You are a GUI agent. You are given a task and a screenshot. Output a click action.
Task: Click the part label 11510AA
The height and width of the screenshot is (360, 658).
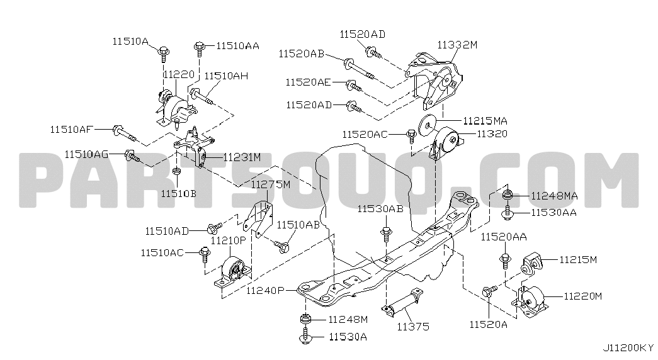click(238, 45)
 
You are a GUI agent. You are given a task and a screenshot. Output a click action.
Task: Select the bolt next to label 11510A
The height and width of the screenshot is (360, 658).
click(163, 53)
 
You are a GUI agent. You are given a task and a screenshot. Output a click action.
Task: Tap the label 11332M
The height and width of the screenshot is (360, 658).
click(457, 44)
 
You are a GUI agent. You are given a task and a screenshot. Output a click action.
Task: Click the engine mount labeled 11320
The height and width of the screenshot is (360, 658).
click(446, 145)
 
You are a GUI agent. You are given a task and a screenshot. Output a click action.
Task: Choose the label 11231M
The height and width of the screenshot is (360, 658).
click(242, 157)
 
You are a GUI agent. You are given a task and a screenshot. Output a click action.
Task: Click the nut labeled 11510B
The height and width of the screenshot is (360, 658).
click(177, 171)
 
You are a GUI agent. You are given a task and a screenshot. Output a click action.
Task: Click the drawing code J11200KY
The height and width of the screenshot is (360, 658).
click(628, 348)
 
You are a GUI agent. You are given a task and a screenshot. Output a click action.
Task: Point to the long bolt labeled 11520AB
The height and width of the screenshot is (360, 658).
click(359, 69)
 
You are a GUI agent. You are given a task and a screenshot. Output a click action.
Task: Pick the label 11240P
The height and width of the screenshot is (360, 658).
click(265, 290)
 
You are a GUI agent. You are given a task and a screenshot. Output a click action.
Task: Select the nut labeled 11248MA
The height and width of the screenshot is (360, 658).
click(508, 194)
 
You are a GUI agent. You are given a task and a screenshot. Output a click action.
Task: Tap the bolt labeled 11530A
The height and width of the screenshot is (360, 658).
click(305, 337)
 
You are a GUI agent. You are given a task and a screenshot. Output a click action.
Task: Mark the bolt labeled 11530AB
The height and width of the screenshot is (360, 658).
click(385, 235)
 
